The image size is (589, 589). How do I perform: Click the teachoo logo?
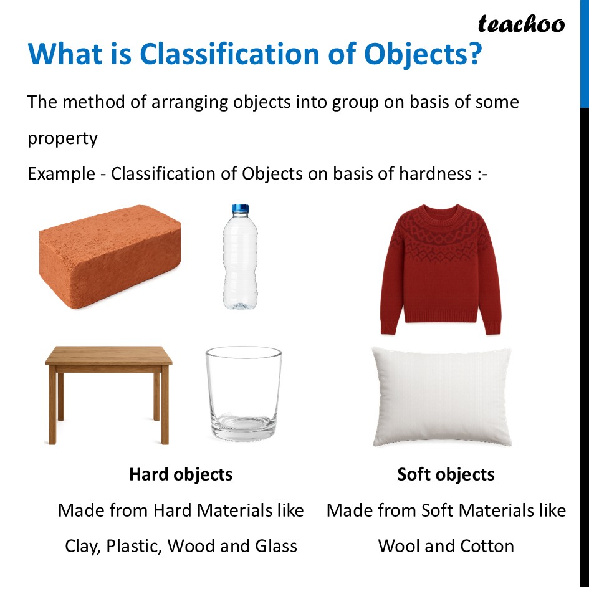(521, 24)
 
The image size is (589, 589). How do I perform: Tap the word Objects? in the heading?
(423, 54)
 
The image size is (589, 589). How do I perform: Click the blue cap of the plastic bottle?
(240, 209)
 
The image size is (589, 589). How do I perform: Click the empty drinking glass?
(244, 393)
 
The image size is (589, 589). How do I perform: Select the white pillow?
(441, 396)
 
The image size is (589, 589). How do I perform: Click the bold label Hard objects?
(181, 474)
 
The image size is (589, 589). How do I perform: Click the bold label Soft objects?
(446, 474)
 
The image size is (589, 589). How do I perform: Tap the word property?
(62, 138)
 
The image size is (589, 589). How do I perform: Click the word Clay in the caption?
(82, 547)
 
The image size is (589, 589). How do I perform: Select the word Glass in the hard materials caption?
(275, 547)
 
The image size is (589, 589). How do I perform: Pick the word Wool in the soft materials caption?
(399, 547)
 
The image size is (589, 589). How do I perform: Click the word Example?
(60, 173)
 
